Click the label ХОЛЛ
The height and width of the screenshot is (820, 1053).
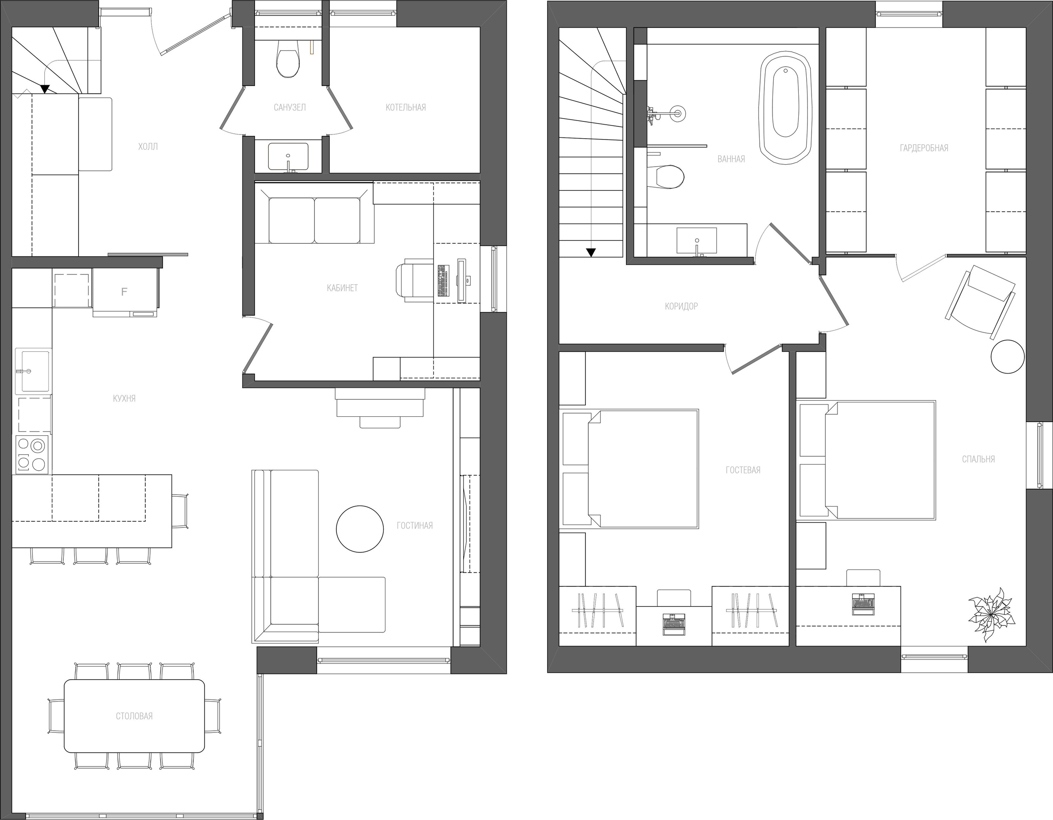(x=148, y=146)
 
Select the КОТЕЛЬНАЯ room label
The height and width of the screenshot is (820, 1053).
(x=406, y=107)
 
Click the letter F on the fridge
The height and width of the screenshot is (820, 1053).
(x=124, y=291)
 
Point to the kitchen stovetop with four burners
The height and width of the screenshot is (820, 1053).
(x=32, y=454)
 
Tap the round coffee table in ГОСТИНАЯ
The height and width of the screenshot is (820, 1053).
(x=360, y=529)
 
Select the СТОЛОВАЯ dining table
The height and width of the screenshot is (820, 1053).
(x=135, y=716)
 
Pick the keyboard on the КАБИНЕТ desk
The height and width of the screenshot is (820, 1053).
(x=442, y=280)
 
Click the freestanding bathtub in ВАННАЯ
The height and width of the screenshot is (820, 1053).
(x=786, y=109)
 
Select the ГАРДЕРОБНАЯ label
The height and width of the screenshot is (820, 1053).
(x=924, y=148)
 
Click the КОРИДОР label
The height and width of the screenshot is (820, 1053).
(x=681, y=306)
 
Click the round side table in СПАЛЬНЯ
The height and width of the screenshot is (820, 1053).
(x=1007, y=356)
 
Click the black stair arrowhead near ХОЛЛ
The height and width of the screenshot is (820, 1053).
(x=45, y=89)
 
